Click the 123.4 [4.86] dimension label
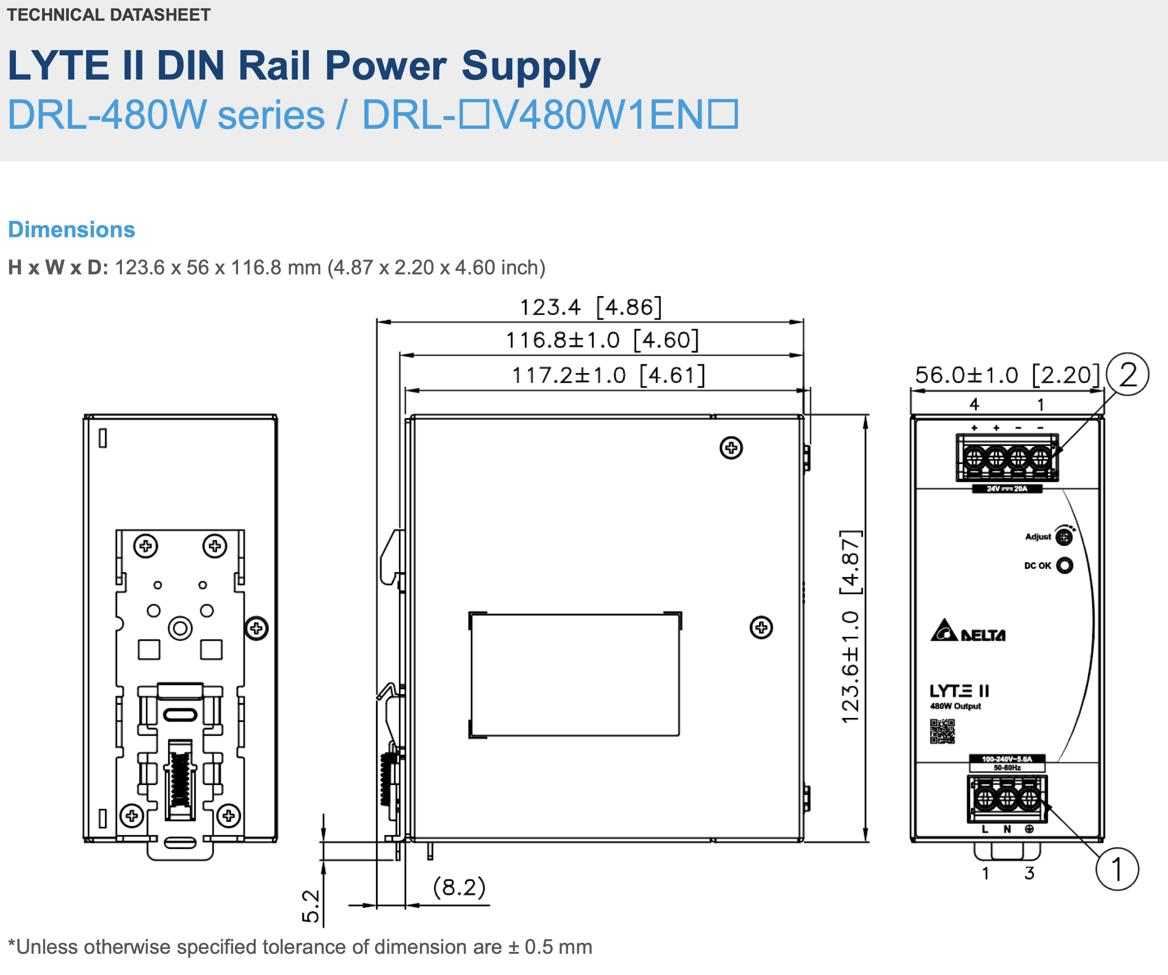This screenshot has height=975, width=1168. click(591, 307)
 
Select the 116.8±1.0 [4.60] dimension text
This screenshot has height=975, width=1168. click(602, 340)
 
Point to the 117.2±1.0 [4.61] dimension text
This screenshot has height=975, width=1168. click(608, 375)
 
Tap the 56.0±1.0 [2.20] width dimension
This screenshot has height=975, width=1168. click(1007, 375)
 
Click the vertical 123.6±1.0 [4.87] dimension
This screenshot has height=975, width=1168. click(850, 627)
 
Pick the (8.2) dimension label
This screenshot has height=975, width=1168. click(459, 887)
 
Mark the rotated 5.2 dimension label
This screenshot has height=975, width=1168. click(311, 906)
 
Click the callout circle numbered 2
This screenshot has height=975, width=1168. click(1128, 375)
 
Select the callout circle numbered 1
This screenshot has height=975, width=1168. click(1117, 869)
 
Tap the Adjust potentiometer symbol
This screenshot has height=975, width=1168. click(1064, 537)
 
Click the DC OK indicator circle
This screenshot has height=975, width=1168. click(1064, 566)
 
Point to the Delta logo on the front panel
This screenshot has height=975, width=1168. click(968, 631)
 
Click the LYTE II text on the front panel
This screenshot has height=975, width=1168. click(959, 691)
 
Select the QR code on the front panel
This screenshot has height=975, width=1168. click(942, 731)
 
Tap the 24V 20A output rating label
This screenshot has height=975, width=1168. click(1007, 488)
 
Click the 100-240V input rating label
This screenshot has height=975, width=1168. click(1007, 762)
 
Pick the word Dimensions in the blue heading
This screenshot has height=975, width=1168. click(72, 229)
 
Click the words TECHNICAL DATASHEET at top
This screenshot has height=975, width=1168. click(108, 14)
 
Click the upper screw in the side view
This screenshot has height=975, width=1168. click(731, 447)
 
